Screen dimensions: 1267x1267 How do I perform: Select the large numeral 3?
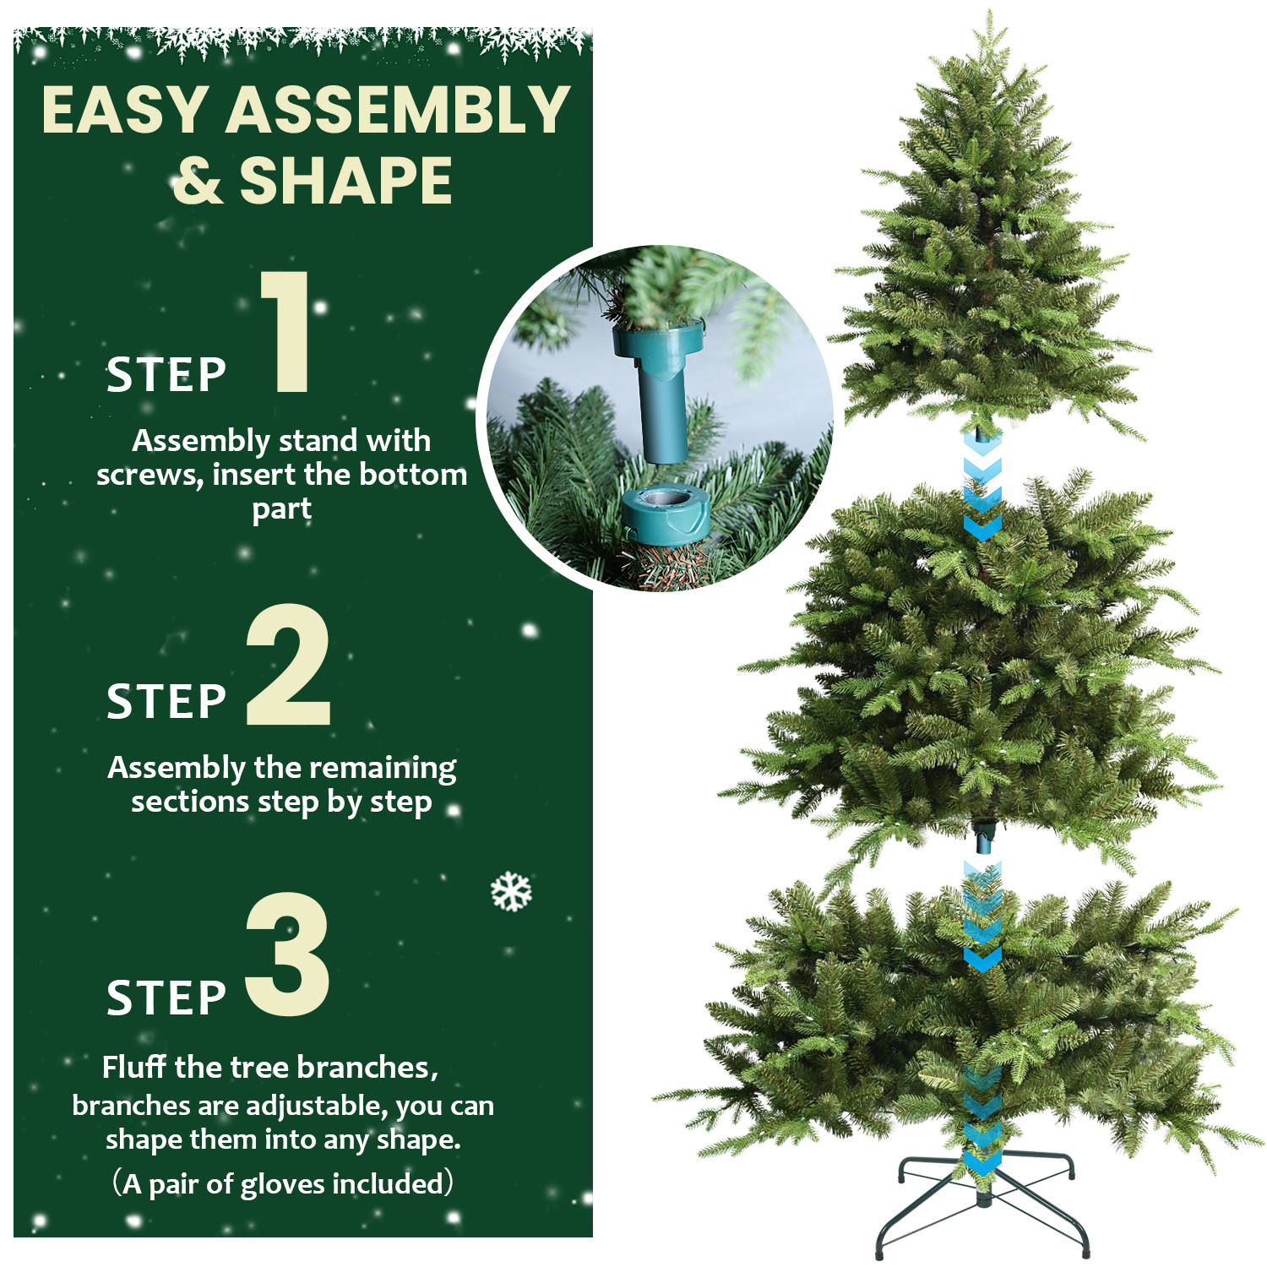coord(287,954)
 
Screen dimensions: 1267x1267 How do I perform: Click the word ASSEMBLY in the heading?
coord(398,111)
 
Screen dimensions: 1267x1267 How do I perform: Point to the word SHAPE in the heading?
coord(346,181)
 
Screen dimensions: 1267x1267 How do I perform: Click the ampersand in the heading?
coord(198,181)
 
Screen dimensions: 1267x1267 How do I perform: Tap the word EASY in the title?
coord(126,111)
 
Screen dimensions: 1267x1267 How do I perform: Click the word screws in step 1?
coord(149,476)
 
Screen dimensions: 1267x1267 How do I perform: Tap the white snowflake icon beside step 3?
coord(511,892)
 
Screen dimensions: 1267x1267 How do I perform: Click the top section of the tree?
coord(988,253)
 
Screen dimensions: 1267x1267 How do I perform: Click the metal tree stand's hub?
coord(983,1198)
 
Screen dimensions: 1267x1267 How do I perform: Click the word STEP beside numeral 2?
coord(166,702)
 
